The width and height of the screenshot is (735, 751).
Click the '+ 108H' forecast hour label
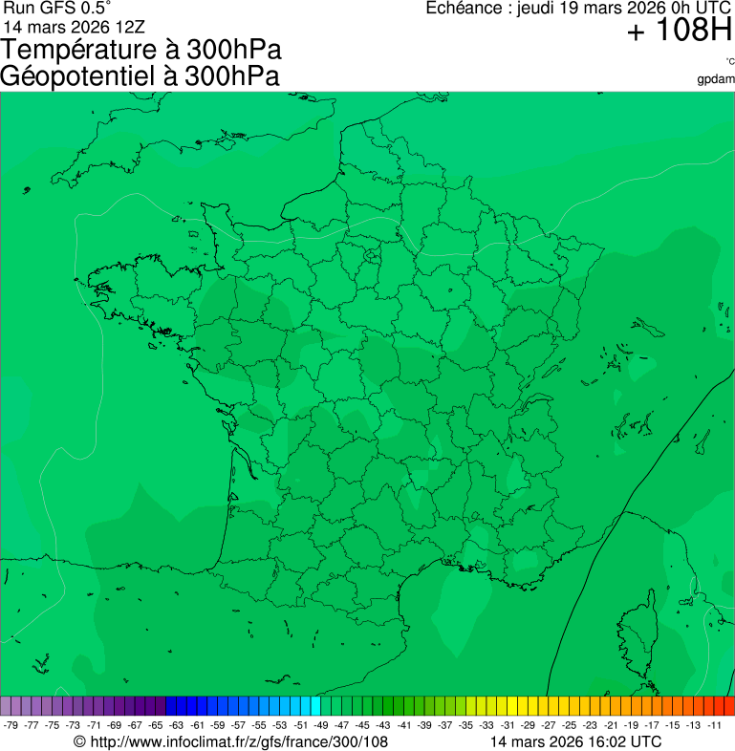click(680, 32)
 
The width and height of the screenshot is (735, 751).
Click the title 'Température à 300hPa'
click(142, 51)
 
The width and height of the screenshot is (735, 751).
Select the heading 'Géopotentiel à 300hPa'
click(140, 76)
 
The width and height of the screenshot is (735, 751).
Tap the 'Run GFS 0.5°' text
click(57, 8)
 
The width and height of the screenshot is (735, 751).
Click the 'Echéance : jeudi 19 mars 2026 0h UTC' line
click(578, 9)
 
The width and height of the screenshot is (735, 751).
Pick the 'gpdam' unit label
click(716, 78)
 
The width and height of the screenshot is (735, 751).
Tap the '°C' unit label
click(729, 62)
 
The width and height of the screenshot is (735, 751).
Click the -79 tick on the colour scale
click(11, 725)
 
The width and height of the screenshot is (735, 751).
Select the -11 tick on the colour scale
click(715, 725)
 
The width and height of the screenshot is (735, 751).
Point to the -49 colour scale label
click(321, 725)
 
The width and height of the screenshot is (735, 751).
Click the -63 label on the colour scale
click(177, 725)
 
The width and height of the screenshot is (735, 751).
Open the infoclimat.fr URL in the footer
click(239, 741)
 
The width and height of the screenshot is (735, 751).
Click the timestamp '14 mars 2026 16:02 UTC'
click(574, 741)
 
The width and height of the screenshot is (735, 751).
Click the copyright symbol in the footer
click(79, 741)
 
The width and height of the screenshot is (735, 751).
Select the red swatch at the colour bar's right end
click(729, 706)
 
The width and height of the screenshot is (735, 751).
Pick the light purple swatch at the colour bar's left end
click(6, 706)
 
